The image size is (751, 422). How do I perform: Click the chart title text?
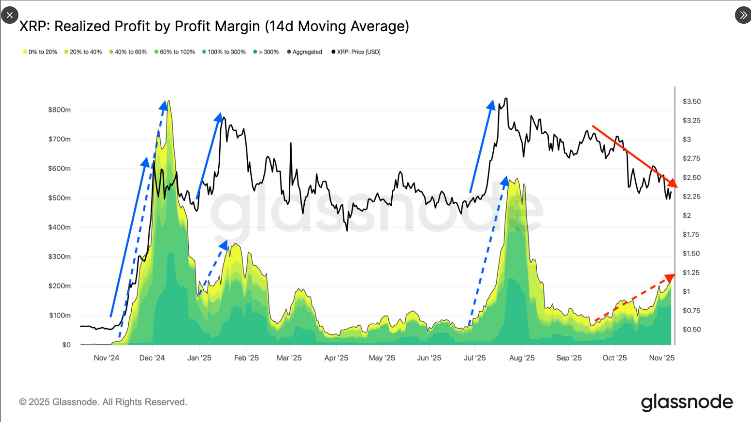tap(214, 26)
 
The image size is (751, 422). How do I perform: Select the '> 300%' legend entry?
tap(266, 52)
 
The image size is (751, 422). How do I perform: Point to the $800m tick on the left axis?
tap(59, 110)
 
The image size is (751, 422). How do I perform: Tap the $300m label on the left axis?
tap(59, 257)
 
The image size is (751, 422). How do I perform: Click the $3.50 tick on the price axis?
tap(692, 102)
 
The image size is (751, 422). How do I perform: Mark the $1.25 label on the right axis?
tap(691, 273)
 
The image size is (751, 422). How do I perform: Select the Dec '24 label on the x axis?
tap(152, 358)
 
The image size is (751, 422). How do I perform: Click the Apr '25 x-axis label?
tap(336, 358)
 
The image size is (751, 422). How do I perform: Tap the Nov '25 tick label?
tap(662, 358)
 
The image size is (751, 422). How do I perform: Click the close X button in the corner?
tap(10, 15)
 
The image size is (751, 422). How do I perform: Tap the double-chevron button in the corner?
tap(743, 15)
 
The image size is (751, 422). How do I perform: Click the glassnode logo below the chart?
tap(687, 403)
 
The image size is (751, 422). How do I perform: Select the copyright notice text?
tap(103, 402)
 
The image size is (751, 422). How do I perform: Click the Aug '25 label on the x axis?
tap(522, 358)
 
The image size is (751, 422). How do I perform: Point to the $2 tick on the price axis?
tap(687, 215)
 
